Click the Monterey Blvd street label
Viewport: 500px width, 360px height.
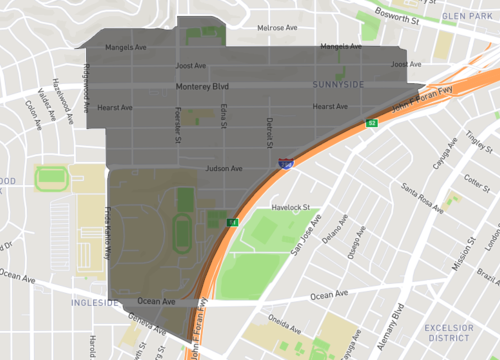coord(202,87)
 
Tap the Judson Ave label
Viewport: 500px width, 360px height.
coord(224,169)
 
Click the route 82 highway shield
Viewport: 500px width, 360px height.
coord(371,123)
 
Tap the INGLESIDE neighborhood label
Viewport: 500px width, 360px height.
coord(95,301)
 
